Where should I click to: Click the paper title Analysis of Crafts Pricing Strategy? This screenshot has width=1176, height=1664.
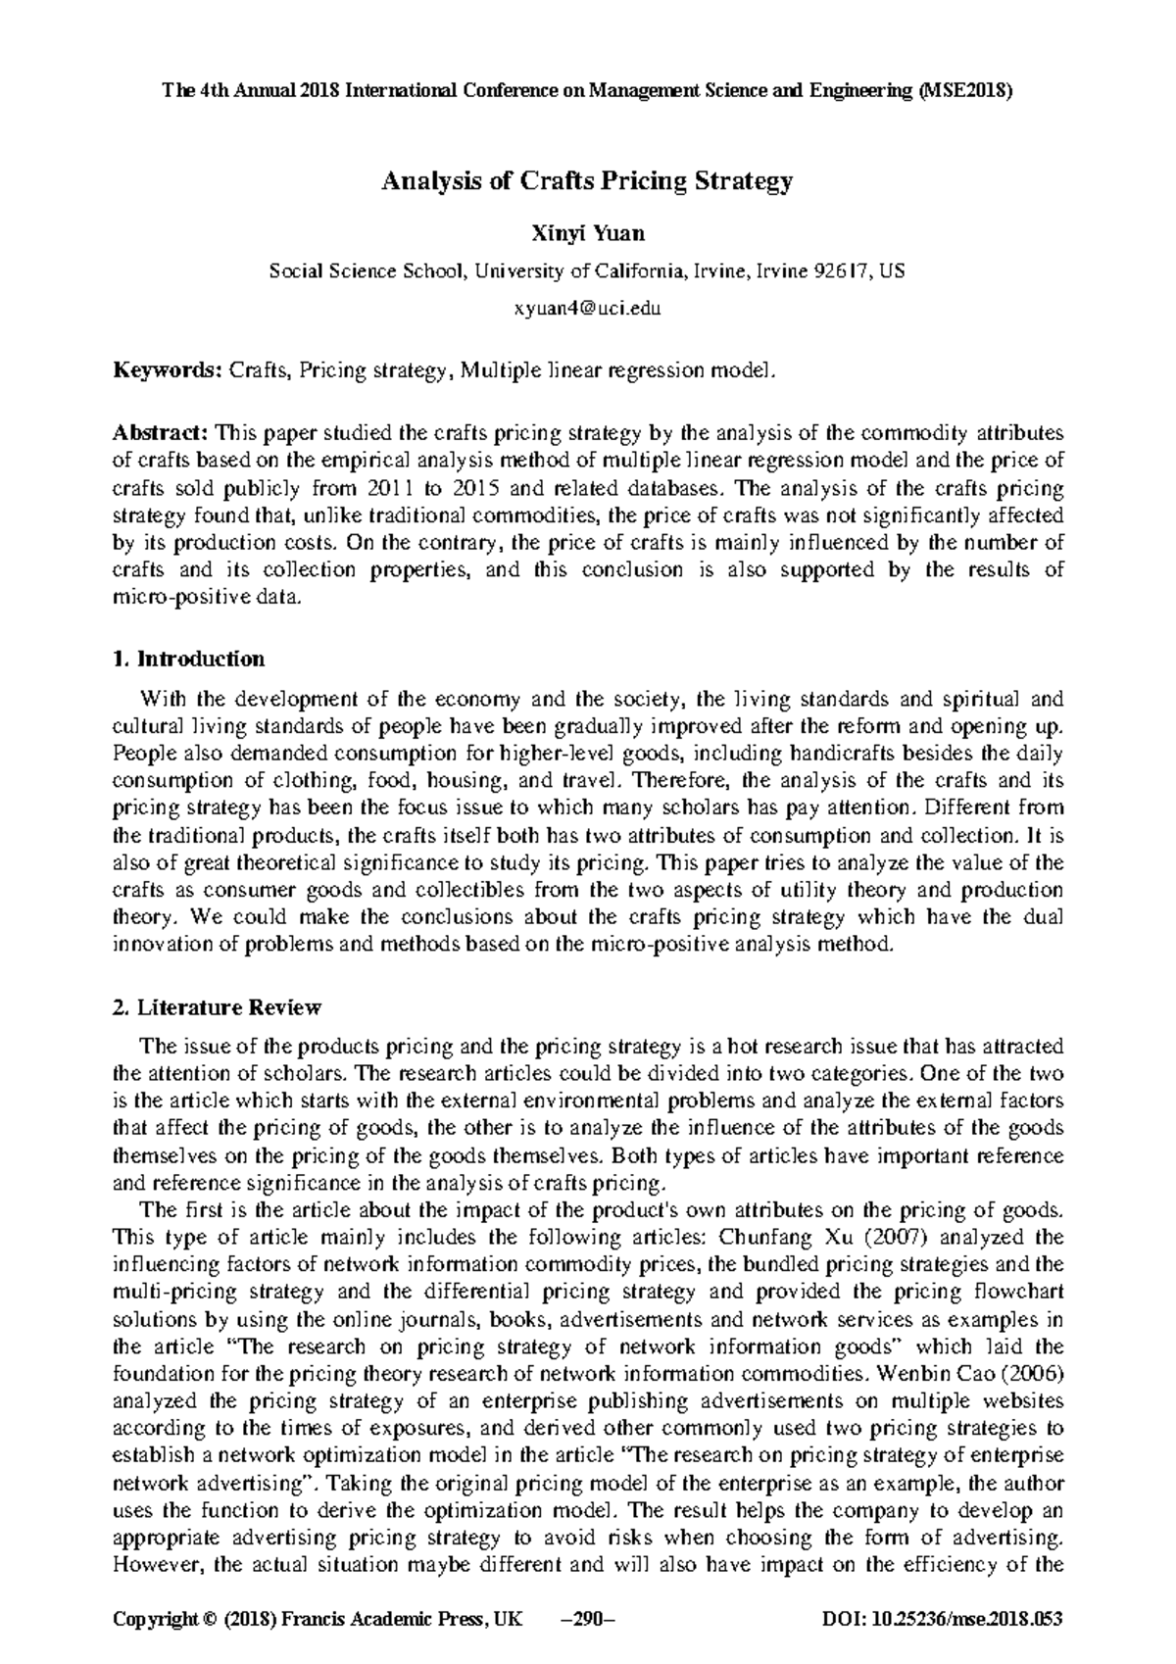coord(587,181)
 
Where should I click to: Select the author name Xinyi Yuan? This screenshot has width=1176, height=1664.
coord(587,234)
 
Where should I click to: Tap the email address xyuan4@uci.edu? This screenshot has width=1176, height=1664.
coord(587,309)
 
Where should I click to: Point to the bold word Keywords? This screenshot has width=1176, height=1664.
coord(168,370)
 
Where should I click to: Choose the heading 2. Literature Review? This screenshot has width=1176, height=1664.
coord(217,1007)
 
